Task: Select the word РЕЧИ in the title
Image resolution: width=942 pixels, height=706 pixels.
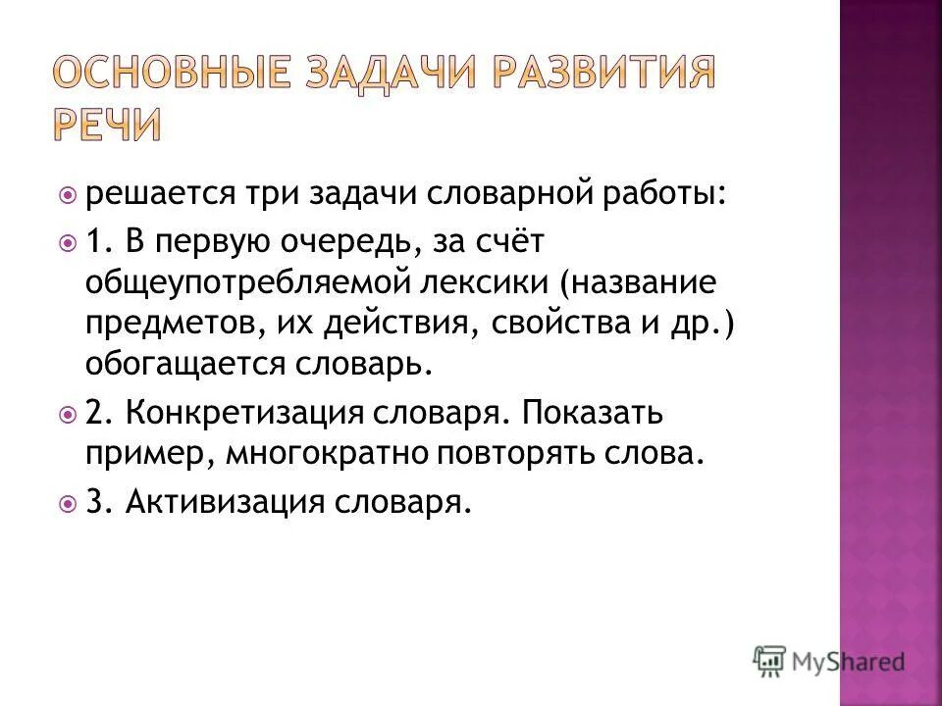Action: pyautogui.click(x=106, y=126)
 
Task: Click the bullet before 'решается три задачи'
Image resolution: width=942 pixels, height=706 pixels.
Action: pyautogui.click(x=67, y=194)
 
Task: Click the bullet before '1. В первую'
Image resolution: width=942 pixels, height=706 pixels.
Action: pyautogui.click(x=67, y=240)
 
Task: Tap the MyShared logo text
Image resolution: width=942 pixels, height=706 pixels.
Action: pyautogui.click(x=848, y=662)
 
